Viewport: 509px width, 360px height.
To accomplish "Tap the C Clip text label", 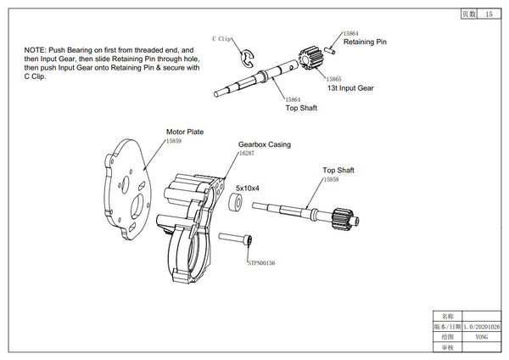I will [x=222, y=39].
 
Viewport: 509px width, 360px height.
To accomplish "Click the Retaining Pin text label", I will [x=365, y=41].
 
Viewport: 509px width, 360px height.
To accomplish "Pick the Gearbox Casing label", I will [x=264, y=145].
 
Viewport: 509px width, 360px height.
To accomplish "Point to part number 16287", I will [x=248, y=154].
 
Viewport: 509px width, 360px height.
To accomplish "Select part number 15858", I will [x=331, y=180].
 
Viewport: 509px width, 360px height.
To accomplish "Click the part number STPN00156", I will [x=264, y=264].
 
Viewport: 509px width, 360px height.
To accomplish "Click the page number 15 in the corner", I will [x=489, y=14].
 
